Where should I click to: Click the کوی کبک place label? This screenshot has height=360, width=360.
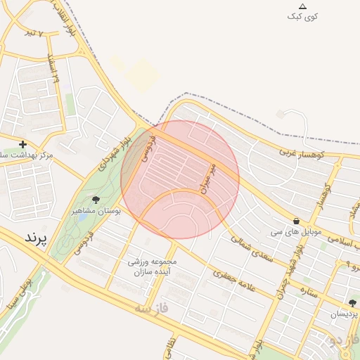coord(303,16)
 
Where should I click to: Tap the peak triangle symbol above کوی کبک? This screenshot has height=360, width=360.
coord(303,6)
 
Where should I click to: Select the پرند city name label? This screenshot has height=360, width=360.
coord(36,238)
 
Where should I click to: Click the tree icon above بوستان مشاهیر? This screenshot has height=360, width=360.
coord(96,200)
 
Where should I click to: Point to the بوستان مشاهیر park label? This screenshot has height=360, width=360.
coord(97,210)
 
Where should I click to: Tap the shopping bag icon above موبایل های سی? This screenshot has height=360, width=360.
coord(296,220)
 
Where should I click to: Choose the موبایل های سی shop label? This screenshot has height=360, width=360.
coord(296,231)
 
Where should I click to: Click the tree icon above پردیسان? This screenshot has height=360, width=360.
coord(352,303)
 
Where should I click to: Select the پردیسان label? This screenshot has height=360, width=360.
coord(344,314)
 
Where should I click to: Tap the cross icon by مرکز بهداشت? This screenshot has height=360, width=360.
coord(22,144)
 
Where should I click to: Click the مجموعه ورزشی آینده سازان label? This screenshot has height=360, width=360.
coord(153,266)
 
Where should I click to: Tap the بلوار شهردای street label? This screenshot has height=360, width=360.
coord(114,150)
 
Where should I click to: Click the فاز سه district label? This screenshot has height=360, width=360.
coord(153,307)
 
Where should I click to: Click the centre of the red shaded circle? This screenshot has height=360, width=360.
coord(180,179)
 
